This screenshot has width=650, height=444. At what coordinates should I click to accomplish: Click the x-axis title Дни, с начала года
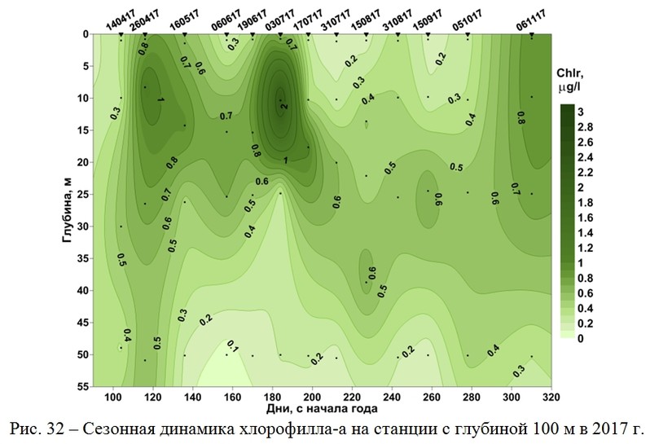(x=322, y=411)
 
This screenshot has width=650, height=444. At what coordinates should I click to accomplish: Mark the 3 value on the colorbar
(x=583, y=109)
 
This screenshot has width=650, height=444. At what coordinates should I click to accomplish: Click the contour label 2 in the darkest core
(x=284, y=107)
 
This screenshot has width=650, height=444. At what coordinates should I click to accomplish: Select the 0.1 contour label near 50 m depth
(x=232, y=347)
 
